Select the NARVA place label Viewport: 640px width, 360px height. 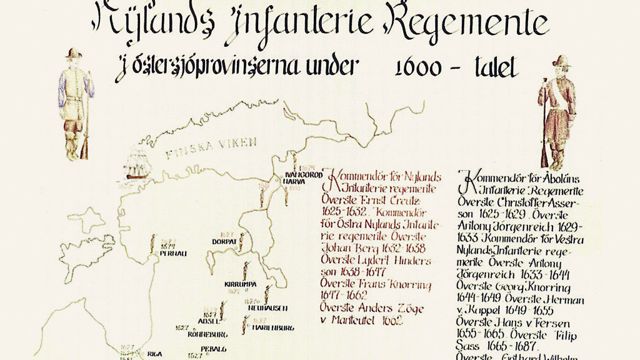(x=293, y=181)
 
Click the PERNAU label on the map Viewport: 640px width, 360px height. (x=174, y=253)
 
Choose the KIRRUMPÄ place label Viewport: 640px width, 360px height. (x=241, y=284)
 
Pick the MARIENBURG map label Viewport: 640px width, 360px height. (x=273, y=327)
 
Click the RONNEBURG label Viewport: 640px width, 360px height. (x=206, y=332)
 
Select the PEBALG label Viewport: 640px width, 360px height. (x=214, y=349)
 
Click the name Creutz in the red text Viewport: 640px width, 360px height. (x=402, y=199)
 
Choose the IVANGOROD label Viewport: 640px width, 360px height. (x=303, y=174)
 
